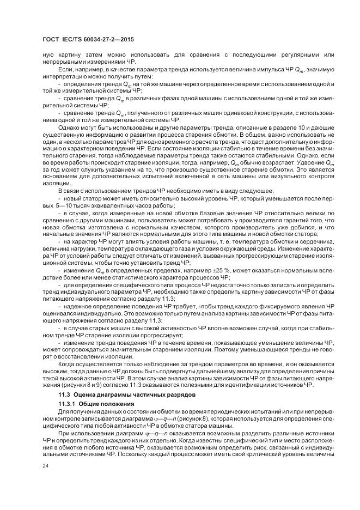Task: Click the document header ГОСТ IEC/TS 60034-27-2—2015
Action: coord(88,40)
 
